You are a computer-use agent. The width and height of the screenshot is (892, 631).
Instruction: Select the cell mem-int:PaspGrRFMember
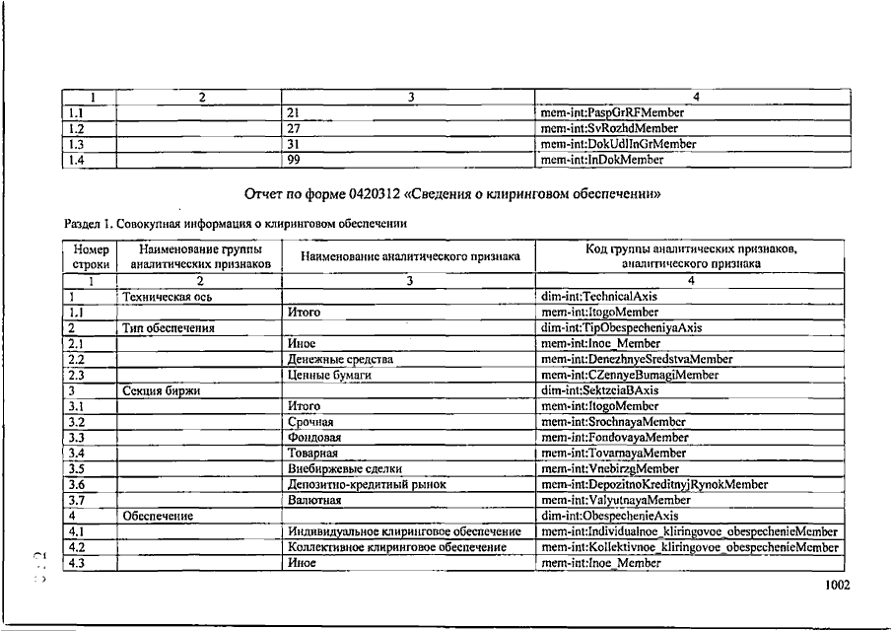click(612, 112)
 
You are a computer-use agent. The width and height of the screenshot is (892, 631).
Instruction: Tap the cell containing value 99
click(294, 159)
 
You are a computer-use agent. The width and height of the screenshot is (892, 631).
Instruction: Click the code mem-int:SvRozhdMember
click(609, 128)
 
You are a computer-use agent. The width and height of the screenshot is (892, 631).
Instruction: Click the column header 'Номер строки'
click(91, 256)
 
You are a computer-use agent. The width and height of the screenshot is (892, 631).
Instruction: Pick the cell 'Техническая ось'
click(167, 296)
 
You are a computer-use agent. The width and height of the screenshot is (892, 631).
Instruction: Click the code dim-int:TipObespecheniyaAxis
click(622, 327)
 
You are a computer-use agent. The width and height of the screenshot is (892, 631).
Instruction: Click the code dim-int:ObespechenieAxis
click(610, 515)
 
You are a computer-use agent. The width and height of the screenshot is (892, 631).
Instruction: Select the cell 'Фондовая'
click(314, 438)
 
